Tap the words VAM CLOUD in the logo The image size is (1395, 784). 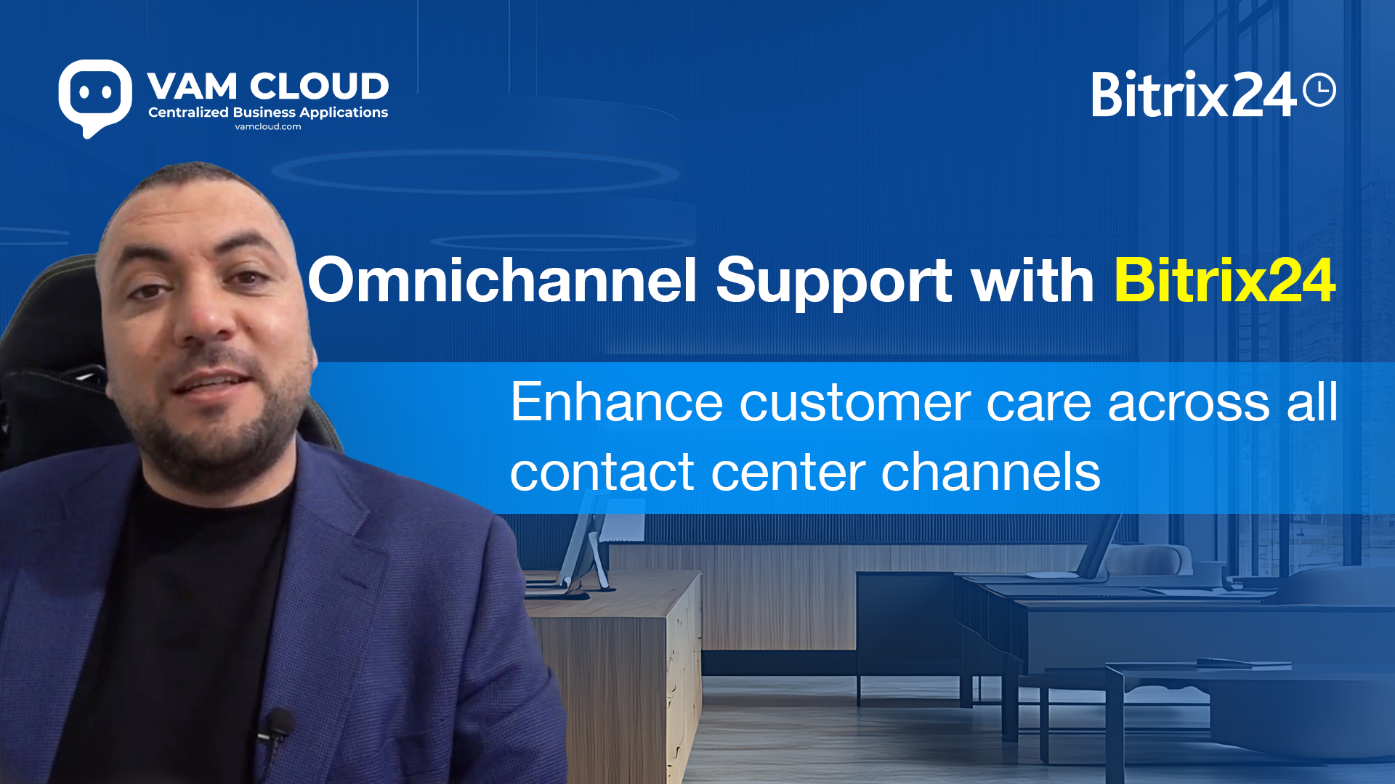[268, 86]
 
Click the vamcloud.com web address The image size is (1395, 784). [268, 126]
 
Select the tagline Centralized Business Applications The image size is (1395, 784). [268, 113]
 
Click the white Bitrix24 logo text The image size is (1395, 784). [1194, 94]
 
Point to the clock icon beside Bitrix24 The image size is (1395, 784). [1319, 90]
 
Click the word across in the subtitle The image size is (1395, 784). [1188, 404]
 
